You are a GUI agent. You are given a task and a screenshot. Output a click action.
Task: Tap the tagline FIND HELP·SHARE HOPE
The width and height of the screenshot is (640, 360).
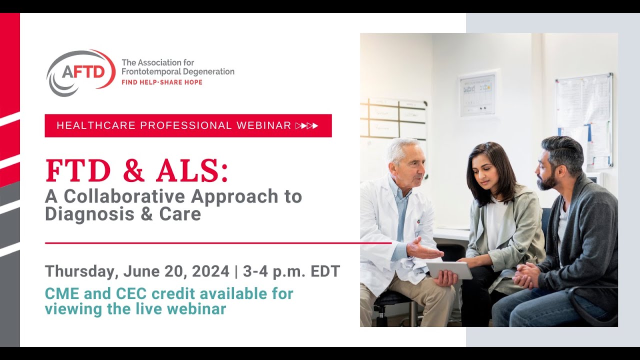pyautogui.click(x=162, y=82)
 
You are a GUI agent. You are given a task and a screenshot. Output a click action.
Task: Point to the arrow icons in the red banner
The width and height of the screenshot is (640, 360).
pyautogui.click(x=306, y=125)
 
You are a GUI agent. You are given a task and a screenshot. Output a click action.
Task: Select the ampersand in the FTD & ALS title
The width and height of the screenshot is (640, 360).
pyautogui.click(x=133, y=171)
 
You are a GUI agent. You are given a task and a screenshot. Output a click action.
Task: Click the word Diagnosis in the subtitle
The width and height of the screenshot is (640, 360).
pyautogui.click(x=81, y=214)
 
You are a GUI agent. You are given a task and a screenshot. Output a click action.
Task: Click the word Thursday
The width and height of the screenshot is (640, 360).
pyautogui.click(x=80, y=271)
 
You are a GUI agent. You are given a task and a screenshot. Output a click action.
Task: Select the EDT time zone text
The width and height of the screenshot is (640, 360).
pyautogui.click(x=325, y=271)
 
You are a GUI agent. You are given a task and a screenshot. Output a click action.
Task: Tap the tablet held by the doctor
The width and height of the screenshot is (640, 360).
pyautogui.click(x=449, y=270)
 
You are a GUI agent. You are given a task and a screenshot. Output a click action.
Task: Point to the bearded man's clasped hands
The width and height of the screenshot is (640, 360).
pyautogui.click(x=526, y=275)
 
